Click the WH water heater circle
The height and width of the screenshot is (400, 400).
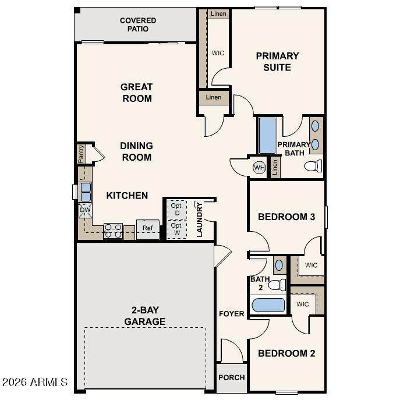click(x=259, y=168)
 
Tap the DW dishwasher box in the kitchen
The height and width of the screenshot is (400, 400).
click(x=85, y=210)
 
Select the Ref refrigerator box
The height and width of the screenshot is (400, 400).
click(x=148, y=229)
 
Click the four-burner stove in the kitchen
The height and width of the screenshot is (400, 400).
click(x=114, y=231)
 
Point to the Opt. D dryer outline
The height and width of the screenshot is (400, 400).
click(x=177, y=210)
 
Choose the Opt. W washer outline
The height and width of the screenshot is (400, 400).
click(x=177, y=229)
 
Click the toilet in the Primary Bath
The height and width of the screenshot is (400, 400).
click(x=313, y=166)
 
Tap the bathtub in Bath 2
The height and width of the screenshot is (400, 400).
click(x=268, y=305)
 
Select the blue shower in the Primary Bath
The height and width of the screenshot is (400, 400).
click(x=267, y=136)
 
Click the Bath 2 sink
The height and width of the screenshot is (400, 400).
click(x=279, y=266)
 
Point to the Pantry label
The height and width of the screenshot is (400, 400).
click(x=81, y=154)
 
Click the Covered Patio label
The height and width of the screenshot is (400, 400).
click(x=138, y=24)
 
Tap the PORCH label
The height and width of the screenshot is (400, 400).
click(x=232, y=377)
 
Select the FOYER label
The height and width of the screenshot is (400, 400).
click(x=232, y=313)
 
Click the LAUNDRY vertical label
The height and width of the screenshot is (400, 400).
click(x=200, y=220)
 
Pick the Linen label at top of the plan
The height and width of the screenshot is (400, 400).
click(x=218, y=13)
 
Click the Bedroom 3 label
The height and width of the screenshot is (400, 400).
click(x=286, y=217)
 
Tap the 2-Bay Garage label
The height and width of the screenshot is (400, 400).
click(x=145, y=316)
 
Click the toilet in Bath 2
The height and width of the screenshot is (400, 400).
click(x=277, y=285)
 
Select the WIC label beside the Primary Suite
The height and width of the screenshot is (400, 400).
click(x=218, y=53)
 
